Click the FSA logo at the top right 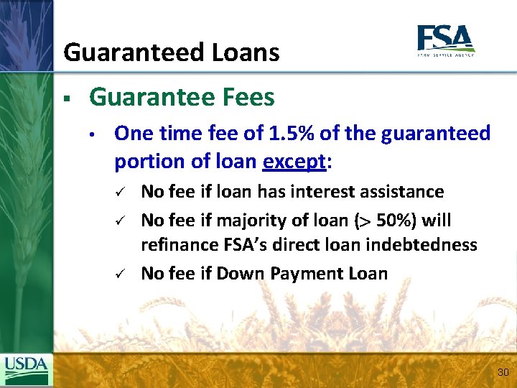tap(445, 40)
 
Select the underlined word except tap(294, 162)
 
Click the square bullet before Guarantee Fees tap(65, 98)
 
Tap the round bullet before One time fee tap(93, 134)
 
